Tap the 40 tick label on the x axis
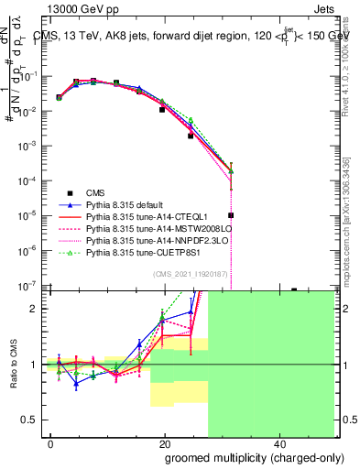tap(278, 446)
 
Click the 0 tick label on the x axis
tap(51, 446)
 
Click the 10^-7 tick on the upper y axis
tap(29, 286)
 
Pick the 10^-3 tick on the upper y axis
tap(29, 147)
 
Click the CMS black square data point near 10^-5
tap(232, 215)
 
